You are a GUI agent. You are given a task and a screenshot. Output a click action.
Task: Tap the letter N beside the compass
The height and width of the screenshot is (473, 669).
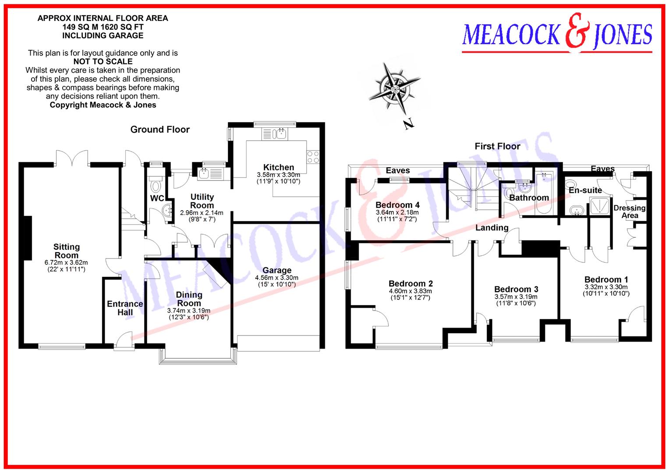pyautogui.click(x=409, y=124)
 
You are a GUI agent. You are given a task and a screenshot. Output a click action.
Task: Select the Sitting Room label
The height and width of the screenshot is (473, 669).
pyautogui.click(x=66, y=251)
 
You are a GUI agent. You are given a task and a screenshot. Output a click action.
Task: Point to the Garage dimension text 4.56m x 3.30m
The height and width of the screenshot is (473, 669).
pyautogui.click(x=276, y=278)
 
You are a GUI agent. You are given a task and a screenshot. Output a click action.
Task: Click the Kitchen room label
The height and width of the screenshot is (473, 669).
pyautogui.click(x=278, y=167)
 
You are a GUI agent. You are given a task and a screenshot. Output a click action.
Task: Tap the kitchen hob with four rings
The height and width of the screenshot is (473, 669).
pyautogui.click(x=313, y=157)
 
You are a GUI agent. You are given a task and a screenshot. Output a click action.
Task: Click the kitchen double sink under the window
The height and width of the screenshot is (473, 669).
pyautogui.click(x=274, y=134)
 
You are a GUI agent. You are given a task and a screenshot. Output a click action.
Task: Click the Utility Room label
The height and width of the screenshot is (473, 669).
pyautogui.click(x=202, y=201)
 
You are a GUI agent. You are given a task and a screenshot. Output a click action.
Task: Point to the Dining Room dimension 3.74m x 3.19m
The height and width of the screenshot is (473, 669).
pyautogui.click(x=189, y=311)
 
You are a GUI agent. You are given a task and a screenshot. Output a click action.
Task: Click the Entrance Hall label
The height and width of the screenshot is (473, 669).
pyautogui.click(x=125, y=308)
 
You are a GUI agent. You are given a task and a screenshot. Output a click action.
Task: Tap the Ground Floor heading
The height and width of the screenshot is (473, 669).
pyautogui.click(x=160, y=130)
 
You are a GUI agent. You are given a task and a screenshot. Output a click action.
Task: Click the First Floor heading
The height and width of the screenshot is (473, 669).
pyautogui.click(x=497, y=146)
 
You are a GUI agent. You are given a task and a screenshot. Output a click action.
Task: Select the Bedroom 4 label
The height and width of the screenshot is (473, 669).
pyautogui.click(x=397, y=205)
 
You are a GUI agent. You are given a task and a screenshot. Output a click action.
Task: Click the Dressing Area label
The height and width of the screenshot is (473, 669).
pyautogui.click(x=630, y=212)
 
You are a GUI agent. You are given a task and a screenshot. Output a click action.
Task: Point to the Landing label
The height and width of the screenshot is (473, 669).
pyautogui.click(x=492, y=228)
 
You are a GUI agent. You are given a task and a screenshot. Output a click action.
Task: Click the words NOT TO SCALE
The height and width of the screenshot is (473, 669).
pyautogui.click(x=103, y=62)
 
